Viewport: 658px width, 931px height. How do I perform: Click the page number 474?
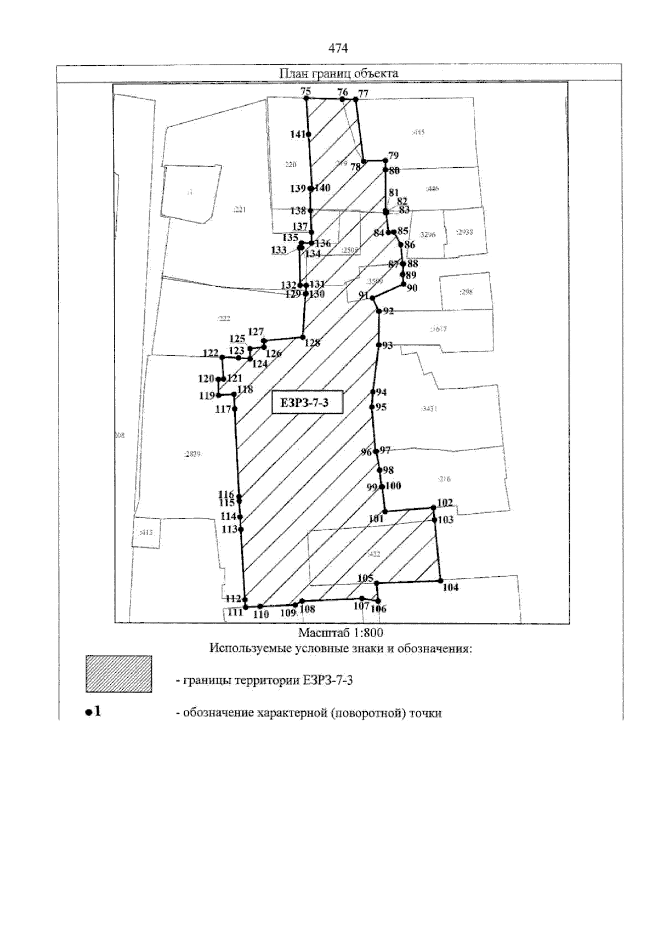(338, 49)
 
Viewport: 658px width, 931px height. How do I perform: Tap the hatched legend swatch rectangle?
(118, 674)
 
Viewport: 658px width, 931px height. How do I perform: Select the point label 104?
(450, 588)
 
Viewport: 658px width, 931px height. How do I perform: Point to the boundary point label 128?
(312, 343)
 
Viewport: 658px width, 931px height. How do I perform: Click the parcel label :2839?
(192, 454)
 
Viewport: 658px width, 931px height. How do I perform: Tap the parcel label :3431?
(428, 409)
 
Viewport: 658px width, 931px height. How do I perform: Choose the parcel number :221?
(239, 209)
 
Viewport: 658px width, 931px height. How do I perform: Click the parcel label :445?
(418, 132)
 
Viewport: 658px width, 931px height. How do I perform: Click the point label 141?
(297, 134)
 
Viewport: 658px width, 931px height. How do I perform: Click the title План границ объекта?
(338, 73)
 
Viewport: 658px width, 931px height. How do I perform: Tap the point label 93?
(387, 345)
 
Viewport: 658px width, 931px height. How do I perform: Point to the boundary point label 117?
(223, 409)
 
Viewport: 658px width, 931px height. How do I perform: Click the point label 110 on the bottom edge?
(261, 615)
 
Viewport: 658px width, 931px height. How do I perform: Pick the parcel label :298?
(466, 292)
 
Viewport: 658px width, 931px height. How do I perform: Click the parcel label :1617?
(439, 330)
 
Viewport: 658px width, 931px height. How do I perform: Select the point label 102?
(445, 502)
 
